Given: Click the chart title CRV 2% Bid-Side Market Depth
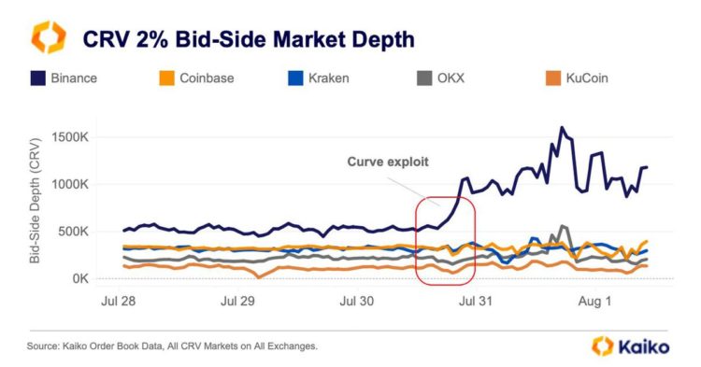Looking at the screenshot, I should coord(249,39).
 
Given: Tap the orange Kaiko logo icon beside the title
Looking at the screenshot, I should coord(48,38).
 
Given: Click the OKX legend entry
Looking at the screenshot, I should coord(444,78).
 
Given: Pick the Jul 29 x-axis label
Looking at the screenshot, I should coord(237,302).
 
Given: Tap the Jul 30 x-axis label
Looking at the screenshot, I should coord(355,302).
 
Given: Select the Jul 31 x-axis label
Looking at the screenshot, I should coord(472,302).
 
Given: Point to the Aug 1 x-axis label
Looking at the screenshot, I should coord(590,302).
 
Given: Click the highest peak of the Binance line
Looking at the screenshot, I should coord(562,128).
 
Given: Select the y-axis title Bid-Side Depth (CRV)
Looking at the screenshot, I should coord(35,201).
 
